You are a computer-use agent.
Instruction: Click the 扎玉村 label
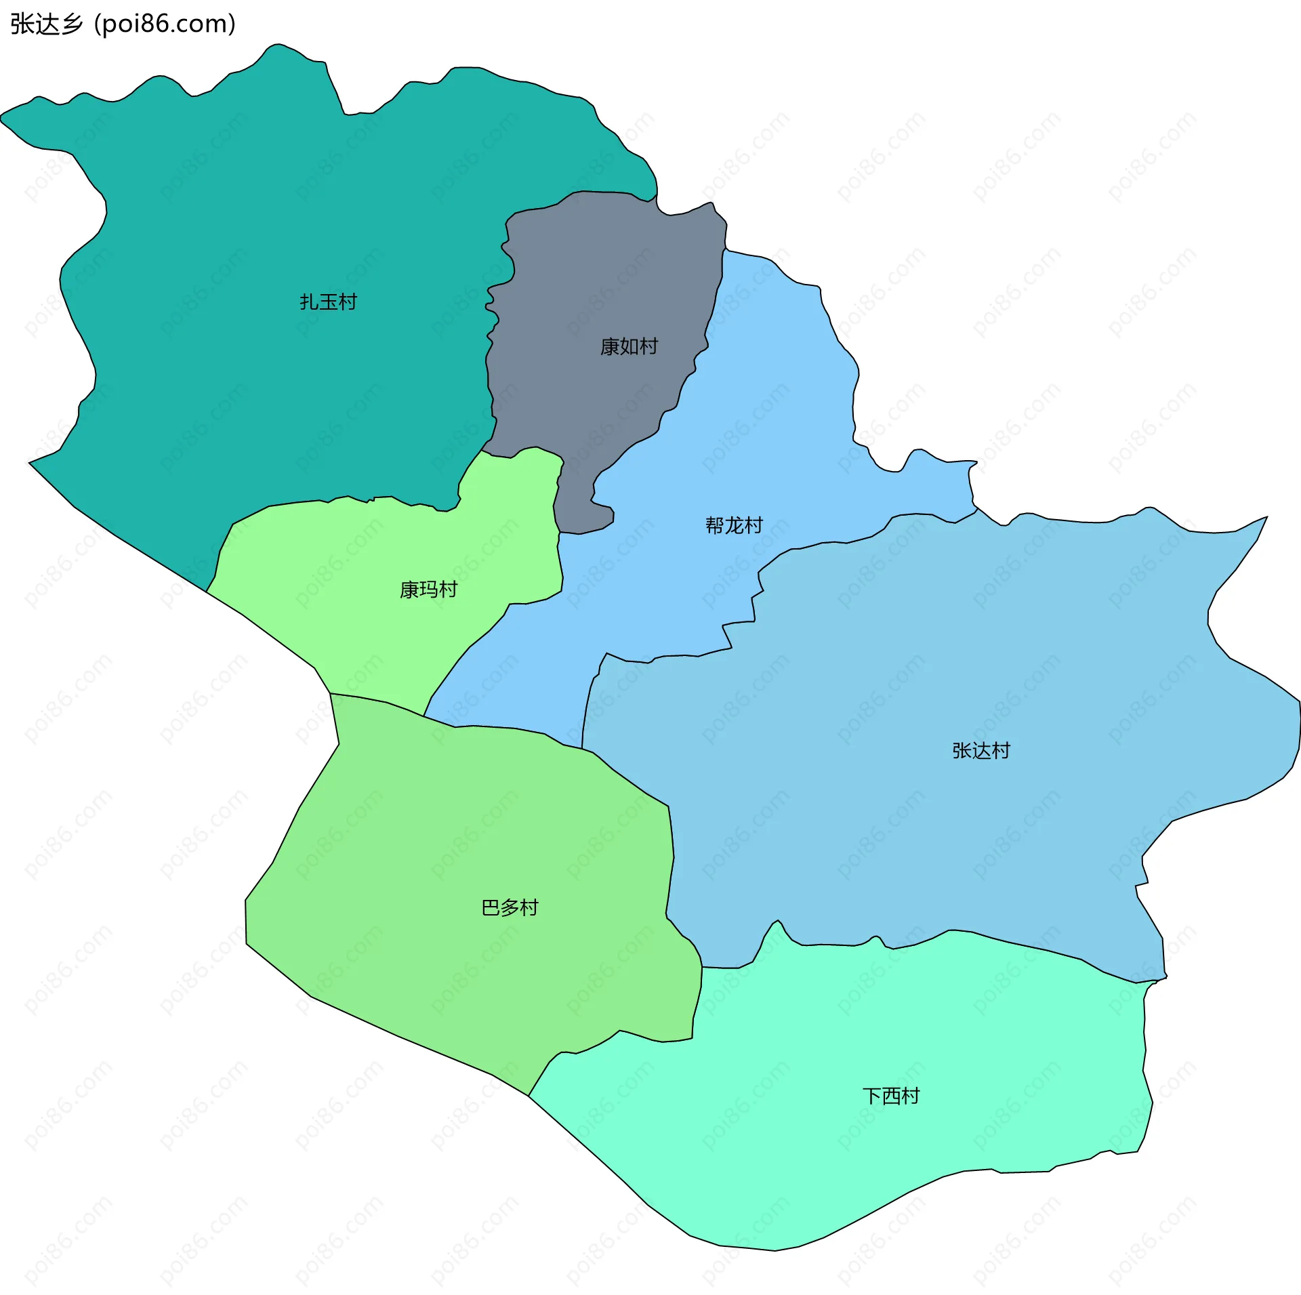[x=328, y=302]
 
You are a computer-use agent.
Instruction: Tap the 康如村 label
[x=629, y=346]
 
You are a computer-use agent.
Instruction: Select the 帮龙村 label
[x=734, y=525]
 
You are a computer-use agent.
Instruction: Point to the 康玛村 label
[x=428, y=590]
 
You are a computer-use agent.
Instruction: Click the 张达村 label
[x=980, y=750]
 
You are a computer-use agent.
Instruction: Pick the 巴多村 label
[x=510, y=907]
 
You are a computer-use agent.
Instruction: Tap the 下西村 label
[x=890, y=1096]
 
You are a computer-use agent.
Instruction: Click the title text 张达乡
[x=46, y=24]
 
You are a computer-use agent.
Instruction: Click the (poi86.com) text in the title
[x=165, y=24]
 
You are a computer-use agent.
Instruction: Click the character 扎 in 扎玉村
[x=309, y=302]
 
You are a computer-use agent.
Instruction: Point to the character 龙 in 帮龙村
[x=734, y=525]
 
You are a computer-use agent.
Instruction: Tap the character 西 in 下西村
[x=890, y=1096]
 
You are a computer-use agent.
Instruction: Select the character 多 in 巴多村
[x=510, y=907]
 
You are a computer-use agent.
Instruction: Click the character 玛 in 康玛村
[x=428, y=590]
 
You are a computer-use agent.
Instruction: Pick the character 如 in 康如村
[x=629, y=346]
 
